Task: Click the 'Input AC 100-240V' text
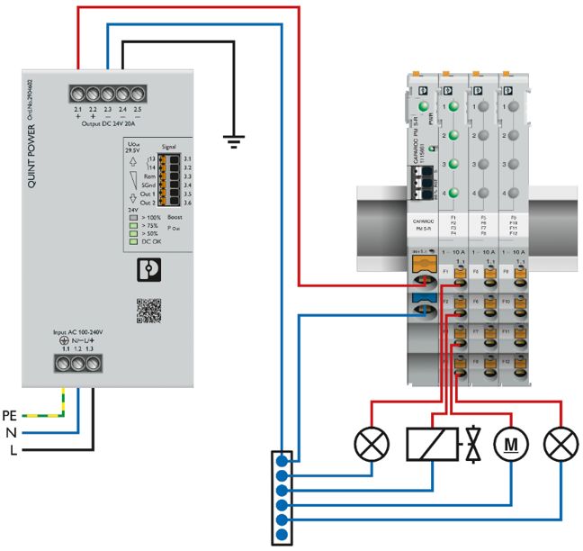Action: (x=78, y=332)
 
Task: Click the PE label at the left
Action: (x=12, y=415)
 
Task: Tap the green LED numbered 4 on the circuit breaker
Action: (x=454, y=194)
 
